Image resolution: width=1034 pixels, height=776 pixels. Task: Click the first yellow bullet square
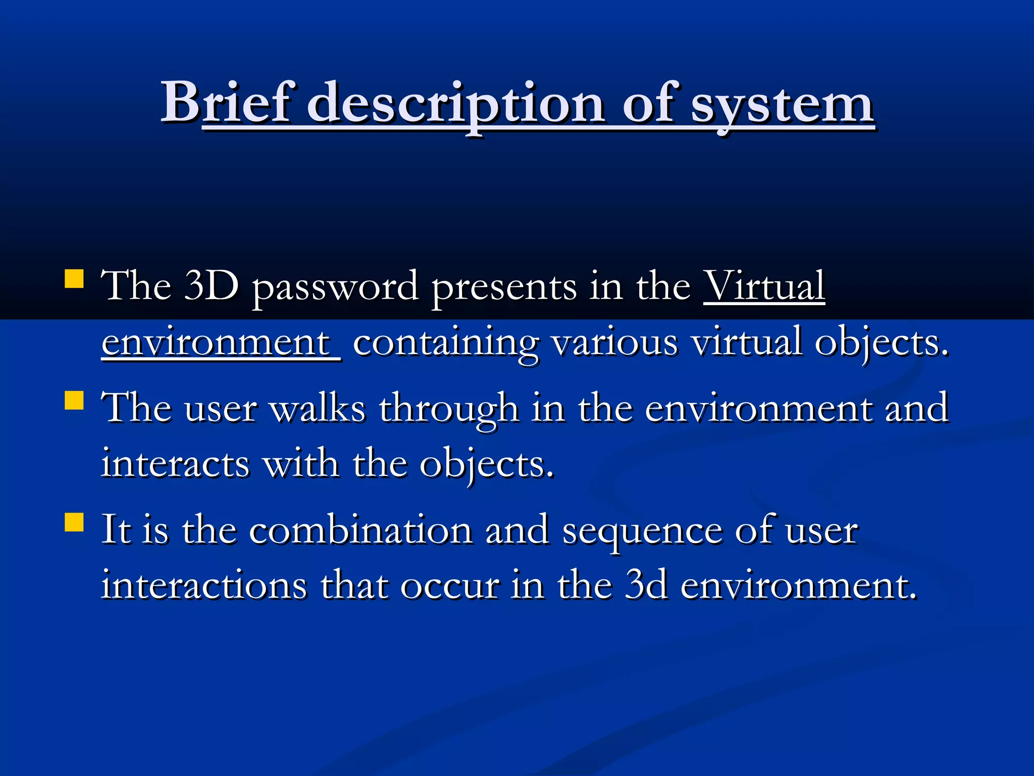click(x=74, y=278)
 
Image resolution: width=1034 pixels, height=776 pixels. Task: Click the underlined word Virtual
click(x=764, y=286)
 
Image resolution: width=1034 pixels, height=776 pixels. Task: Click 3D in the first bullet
click(x=211, y=286)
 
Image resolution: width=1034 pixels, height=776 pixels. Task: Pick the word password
click(x=335, y=288)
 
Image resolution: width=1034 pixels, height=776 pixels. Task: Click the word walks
click(x=318, y=408)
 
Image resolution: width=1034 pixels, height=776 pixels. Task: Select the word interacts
click(x=175, y=464)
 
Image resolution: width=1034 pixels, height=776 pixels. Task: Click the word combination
click(x=360, y=530)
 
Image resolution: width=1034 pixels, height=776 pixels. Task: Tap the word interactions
click(x=204, y=586)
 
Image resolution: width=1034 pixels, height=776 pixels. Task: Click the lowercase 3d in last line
click(x=646, y=586)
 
